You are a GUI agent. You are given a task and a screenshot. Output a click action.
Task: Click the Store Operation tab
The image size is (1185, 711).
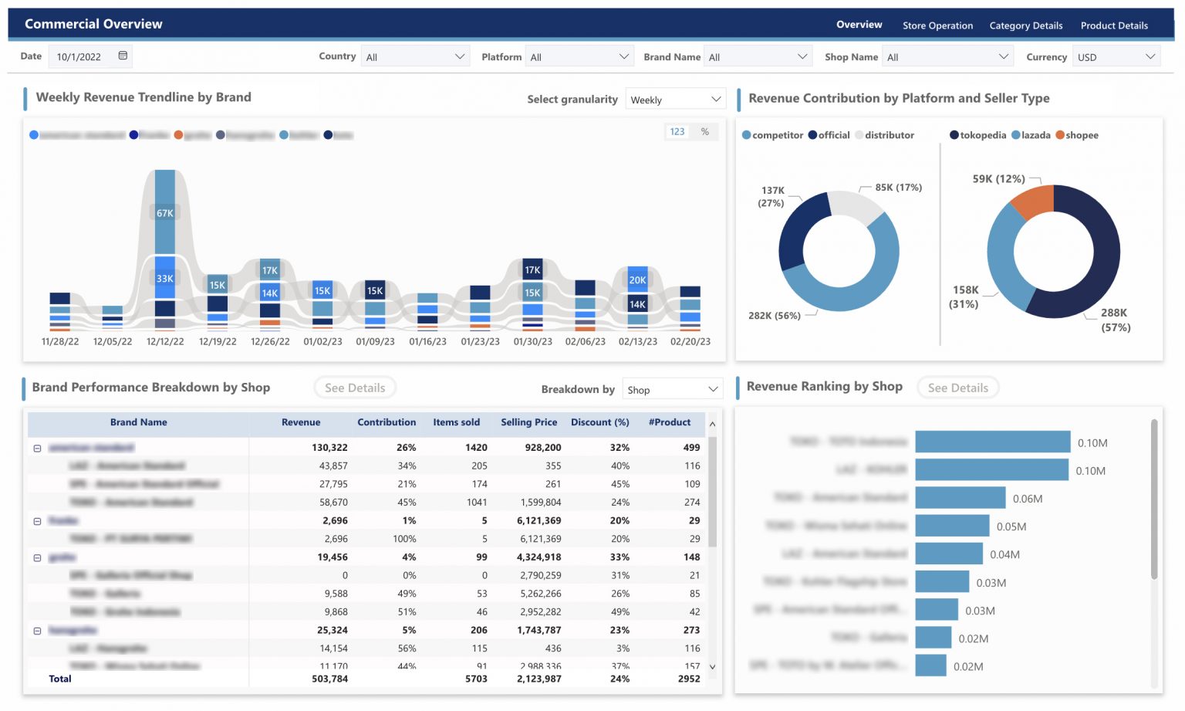(x=937, y=25)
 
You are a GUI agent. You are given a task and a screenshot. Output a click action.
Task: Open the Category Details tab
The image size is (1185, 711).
(x=1025, y=25)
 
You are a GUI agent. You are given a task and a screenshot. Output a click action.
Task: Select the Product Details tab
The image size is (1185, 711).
(x=1113, y=25)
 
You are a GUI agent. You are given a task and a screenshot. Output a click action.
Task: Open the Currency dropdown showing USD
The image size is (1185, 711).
(x=1116, y=57)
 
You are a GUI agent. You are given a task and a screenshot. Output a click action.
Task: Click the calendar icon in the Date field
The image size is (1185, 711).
(x=123, y=56)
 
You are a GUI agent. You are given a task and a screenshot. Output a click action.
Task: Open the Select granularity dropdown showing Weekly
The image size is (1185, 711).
(x=675, y=100)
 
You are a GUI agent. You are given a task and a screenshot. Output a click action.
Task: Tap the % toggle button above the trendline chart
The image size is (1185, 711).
(x=704, y=132)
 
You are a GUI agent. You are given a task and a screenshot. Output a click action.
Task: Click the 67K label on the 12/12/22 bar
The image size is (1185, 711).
(x=165, y=213)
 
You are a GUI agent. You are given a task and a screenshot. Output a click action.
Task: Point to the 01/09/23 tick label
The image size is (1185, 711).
(x=375, y=341)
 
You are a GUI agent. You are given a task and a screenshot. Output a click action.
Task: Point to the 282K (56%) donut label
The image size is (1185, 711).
(x=774, y=316)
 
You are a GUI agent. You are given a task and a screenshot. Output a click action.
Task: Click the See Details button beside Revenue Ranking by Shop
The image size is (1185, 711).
(x=957, y=388)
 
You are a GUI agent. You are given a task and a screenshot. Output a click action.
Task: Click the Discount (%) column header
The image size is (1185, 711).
(x=599, y=422)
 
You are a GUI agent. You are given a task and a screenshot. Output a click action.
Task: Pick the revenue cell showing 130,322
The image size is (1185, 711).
(x=329, y=448)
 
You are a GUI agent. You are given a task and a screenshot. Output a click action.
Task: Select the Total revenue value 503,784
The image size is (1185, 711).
(x=329, y=679)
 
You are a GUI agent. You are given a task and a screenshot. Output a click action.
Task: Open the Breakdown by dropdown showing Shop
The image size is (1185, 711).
(x=672, y=390)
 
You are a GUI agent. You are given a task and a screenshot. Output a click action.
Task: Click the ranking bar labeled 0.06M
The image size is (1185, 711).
(x=960, y=498)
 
